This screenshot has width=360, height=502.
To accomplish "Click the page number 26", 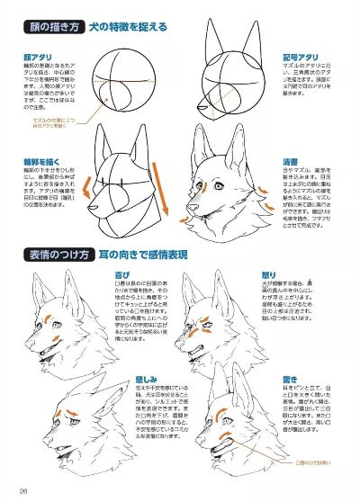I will (x=24, y=490).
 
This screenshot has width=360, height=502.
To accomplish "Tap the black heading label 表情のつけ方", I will (x=53, y=255).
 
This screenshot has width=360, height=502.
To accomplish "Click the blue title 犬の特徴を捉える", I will (x=126, y=27).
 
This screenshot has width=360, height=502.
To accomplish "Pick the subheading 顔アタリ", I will (x=37, y=55).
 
